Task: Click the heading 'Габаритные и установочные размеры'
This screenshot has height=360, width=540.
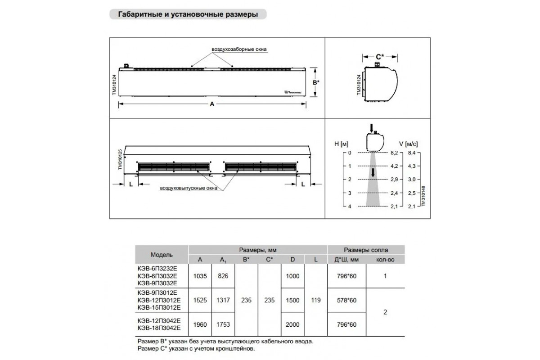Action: click(188, 14)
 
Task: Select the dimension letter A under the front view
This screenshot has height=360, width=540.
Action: click(212, 105)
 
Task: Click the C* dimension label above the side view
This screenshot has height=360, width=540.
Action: click(380, 57)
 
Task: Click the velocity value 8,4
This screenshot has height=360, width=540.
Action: click(411, 153)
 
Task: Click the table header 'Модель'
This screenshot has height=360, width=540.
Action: click(162, 255)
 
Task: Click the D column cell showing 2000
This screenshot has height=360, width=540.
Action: click(292, 324)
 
